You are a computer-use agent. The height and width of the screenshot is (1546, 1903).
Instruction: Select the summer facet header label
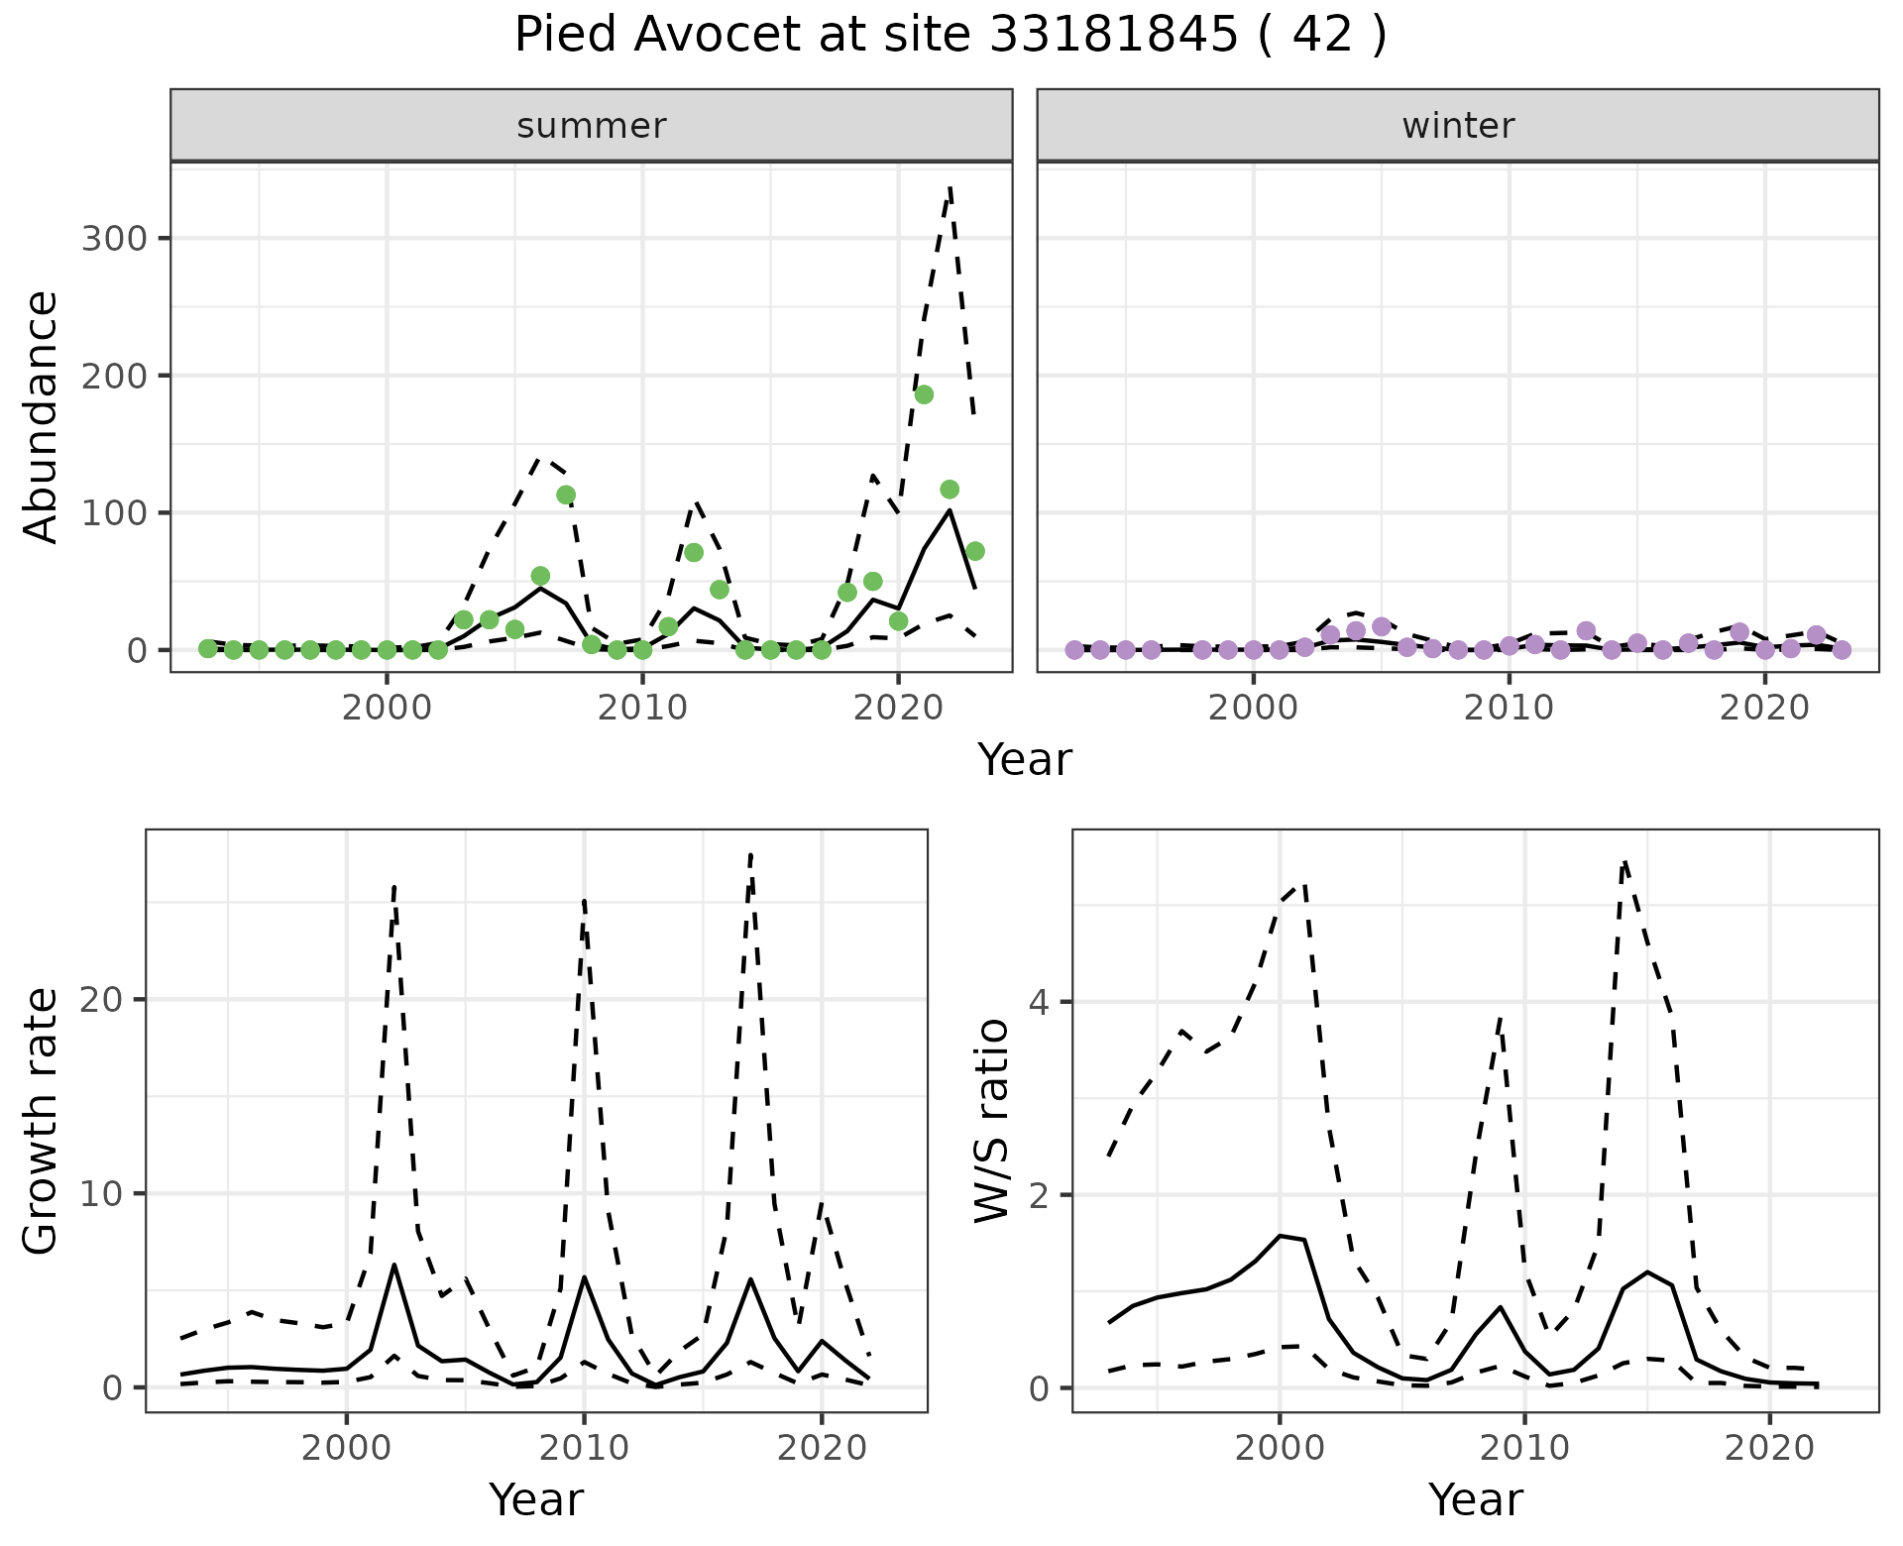click(x=592, y=126)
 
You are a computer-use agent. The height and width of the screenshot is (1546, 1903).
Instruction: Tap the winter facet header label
click(x=1458, y=126)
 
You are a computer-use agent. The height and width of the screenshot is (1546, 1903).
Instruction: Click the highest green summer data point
click(x=924, y=394)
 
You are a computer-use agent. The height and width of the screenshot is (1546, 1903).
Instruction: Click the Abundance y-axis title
click(x=42, y=417)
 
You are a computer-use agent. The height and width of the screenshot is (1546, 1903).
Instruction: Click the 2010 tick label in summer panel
click(x=642, y=708)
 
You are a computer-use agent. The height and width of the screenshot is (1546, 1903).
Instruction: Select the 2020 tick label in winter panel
click(x=1764, y=708)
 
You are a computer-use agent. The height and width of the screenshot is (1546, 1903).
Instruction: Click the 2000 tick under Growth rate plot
click(x=346, y=1448)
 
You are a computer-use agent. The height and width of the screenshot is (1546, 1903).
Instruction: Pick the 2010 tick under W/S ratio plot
click(x=1524, y=1448)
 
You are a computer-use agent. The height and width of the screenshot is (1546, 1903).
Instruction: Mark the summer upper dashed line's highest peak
click(x=950, y=187)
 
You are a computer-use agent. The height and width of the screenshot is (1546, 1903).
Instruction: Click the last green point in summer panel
click(x=974, y=551)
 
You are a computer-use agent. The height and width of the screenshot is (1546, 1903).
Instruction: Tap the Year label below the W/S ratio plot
click(x=1475, y=1500)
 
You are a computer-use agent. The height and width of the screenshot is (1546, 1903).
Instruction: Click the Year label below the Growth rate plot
click(x=536, y=1500)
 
